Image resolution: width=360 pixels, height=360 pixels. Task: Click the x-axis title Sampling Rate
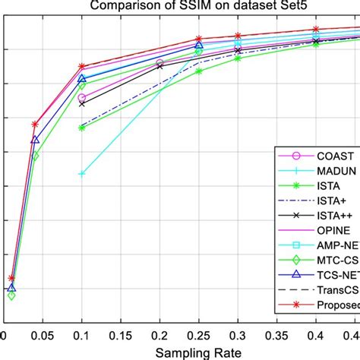coord(199,352)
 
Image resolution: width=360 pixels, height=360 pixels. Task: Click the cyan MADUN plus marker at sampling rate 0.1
coord(81,174)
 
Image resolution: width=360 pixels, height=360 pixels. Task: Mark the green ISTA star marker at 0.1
coord(81,128)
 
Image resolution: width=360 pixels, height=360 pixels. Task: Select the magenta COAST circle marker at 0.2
coord(159,63)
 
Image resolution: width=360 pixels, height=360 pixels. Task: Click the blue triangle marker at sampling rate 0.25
coord(199,45)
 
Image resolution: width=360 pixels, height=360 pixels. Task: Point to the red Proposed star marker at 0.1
coord(81,67)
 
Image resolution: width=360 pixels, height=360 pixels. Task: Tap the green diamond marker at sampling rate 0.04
coord(35,156)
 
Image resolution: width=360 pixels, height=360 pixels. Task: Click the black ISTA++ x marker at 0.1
coord(81,103)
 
